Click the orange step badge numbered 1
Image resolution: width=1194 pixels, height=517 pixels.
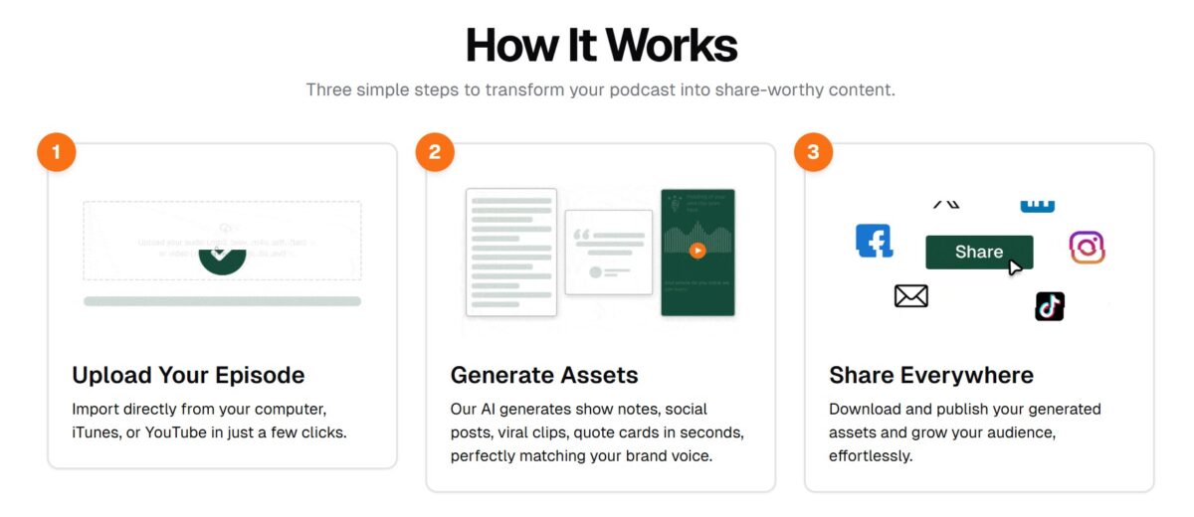pos(57,152)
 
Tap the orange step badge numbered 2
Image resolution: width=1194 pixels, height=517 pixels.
pos(435,152)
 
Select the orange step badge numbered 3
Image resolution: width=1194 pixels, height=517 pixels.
pos(814,152)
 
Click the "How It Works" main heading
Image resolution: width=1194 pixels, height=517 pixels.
pos(601,45)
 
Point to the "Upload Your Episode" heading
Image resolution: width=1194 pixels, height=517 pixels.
pos(188,375)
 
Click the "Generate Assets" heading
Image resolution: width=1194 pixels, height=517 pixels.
pos(544,375)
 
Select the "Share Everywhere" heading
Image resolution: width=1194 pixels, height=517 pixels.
pos(930,375)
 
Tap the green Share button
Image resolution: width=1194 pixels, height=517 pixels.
pos(979,252)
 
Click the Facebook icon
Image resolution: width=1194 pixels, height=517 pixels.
pos(874,241)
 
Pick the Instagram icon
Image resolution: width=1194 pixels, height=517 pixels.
pos(1087,248)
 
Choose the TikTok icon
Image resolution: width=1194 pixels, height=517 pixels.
pos(1050,306)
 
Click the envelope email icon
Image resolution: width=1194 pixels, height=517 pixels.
pos(910,295)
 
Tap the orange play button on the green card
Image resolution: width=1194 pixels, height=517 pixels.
pos(697,251)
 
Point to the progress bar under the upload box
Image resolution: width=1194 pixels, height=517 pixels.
pos(222,301)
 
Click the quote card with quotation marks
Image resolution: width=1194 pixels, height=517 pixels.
pos(608,253)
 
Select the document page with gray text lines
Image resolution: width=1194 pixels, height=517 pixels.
pos(511,253)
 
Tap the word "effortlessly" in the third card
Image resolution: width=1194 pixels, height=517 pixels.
pos(870,456)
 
